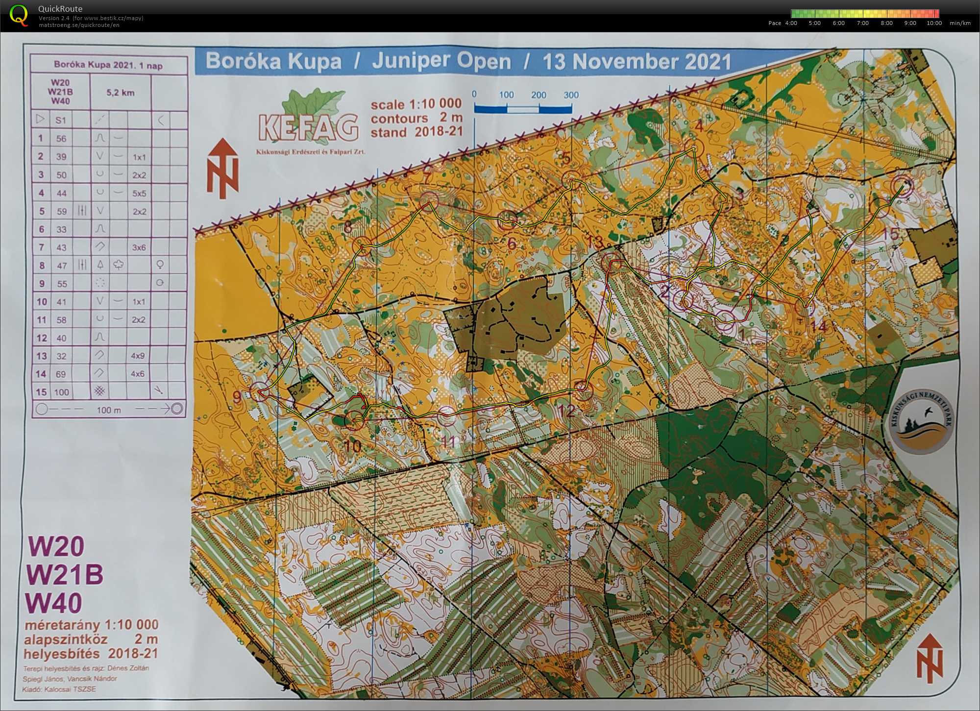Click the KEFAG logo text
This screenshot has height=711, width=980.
[308, 128]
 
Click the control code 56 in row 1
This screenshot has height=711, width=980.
[61, 139]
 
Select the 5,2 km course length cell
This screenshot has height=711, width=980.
[120, 92]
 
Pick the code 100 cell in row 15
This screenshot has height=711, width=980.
[61, 392]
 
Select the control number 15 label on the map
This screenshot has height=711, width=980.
[890, 234]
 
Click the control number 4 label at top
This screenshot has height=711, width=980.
[699, 126]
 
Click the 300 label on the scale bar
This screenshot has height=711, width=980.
[571, 95]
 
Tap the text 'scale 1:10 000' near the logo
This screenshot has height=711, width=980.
[416, 104]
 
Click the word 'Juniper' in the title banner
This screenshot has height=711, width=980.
[441, 61]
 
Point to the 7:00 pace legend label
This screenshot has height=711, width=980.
[862, 23]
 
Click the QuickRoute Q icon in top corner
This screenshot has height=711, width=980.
[19, 15]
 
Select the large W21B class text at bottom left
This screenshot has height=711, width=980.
[65, 574]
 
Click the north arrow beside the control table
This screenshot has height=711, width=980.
[223, 168]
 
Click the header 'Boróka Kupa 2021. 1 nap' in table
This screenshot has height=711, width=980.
[108, 65]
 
